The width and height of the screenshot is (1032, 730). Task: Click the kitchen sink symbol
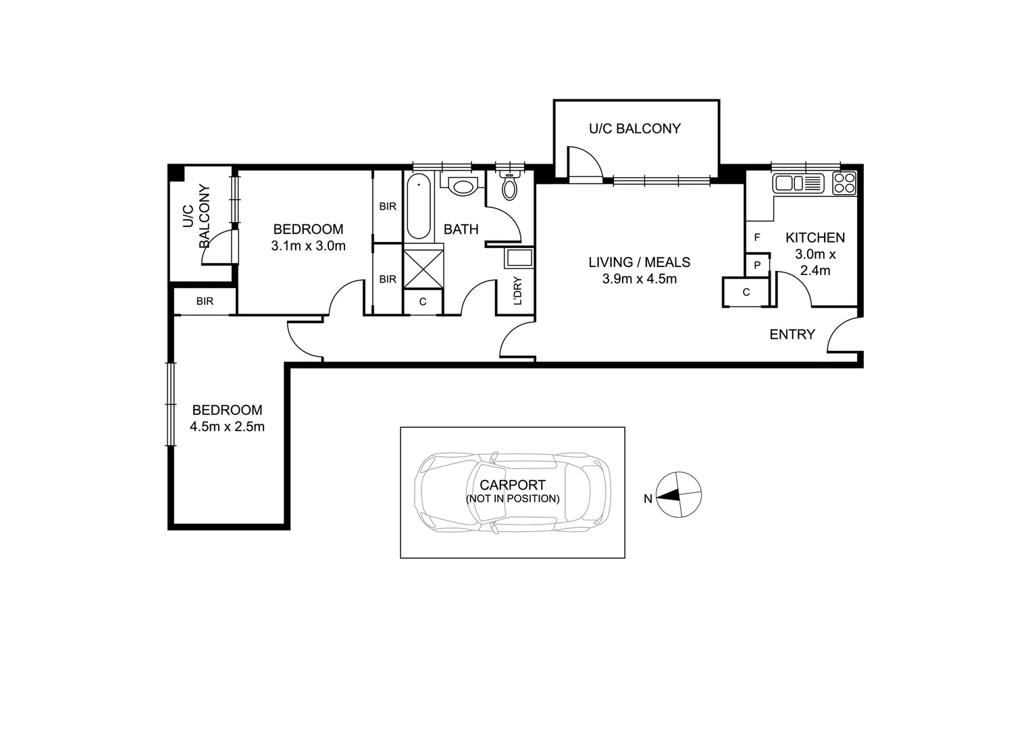pos(798,182)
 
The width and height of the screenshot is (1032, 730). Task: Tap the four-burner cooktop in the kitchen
pos(844,182)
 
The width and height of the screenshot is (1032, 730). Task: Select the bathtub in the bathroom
pos(419,206)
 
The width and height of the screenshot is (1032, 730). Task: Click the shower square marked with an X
pos(423,270)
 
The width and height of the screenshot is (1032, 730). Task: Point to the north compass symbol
pos(679,495)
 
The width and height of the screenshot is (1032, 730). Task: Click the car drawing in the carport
pos(512,491)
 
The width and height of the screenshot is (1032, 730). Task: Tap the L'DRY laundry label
pos(518,291)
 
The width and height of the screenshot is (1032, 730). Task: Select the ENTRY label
pos(792,334)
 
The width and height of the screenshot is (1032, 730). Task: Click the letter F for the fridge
pos(757,237)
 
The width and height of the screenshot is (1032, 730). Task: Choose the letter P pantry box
pos(757,265)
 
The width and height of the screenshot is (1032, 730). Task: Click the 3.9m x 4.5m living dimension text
pos(639,278)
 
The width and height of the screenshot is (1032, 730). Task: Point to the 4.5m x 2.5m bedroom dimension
pos(227,427)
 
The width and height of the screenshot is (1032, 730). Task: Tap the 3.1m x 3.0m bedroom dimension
pos(308,246)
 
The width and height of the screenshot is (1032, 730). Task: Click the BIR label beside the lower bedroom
pos(205,301)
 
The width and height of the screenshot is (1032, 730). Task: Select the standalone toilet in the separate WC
pos(509,187)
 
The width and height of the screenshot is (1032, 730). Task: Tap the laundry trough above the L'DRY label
pos(519,259)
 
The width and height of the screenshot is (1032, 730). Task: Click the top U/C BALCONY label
pos(635,128)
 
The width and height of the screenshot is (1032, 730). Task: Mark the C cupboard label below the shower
pos(423,302)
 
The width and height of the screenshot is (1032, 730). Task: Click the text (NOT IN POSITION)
pos(512,499)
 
